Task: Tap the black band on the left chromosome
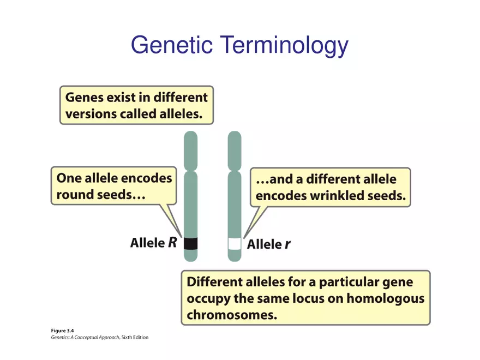[190, 243]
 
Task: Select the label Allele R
[153, 243]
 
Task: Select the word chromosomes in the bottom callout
[225, 315]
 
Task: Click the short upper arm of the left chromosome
[190, 150]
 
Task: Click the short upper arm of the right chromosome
[235, 150]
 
